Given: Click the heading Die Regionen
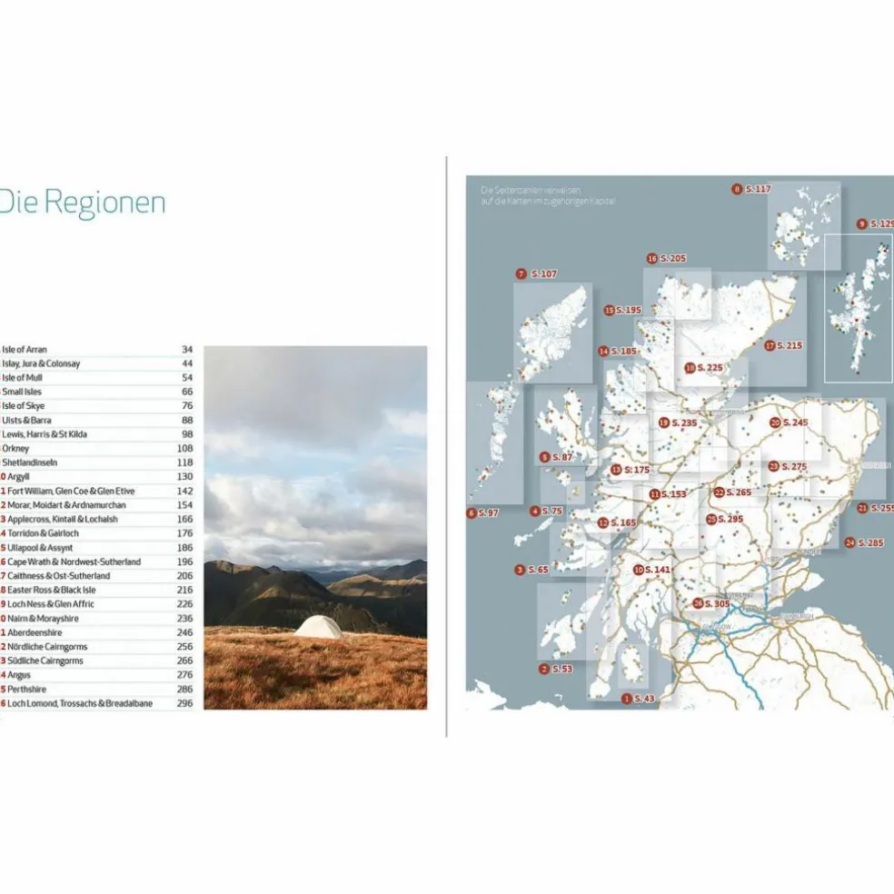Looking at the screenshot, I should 83,203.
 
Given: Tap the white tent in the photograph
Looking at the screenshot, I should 318,626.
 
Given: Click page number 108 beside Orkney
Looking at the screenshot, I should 186,449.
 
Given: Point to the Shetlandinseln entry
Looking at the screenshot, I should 31,462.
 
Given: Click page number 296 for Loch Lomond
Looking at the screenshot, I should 186,703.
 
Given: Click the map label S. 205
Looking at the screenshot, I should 672,259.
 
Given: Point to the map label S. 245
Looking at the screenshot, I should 793,422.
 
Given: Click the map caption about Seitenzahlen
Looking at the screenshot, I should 535,194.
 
